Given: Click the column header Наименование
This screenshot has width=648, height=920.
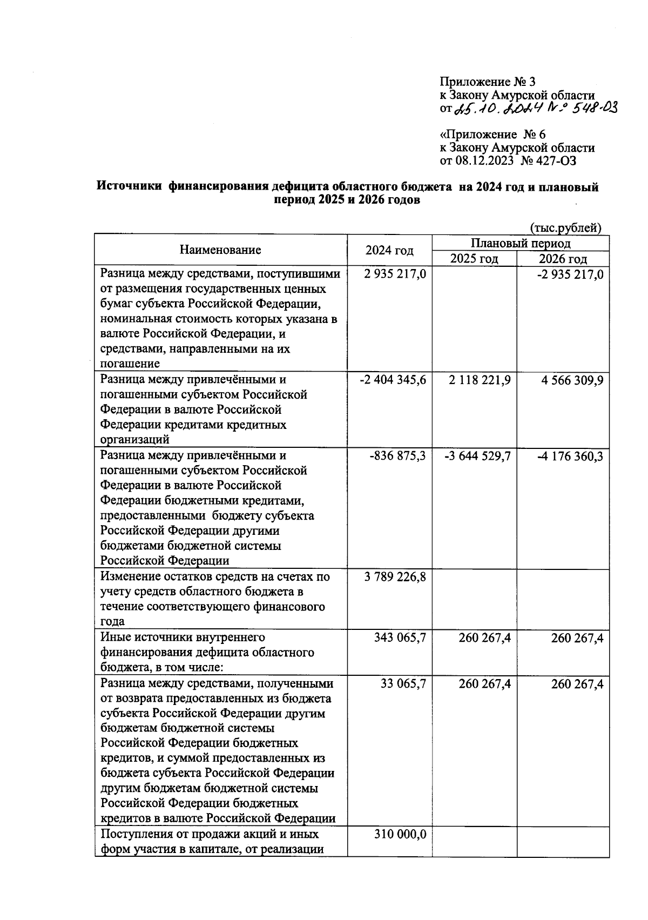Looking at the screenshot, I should point(220,250).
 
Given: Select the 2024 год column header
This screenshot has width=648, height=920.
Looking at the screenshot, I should point(389,250).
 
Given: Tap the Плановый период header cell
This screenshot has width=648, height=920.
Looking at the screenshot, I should point(521,243).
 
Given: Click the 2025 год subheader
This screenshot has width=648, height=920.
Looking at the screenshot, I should point(474,259).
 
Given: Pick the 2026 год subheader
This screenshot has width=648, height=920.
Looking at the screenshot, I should point(563,259).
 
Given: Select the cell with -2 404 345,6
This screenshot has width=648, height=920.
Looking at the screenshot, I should point(393,380).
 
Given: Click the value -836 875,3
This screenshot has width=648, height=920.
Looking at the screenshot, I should point(397,456).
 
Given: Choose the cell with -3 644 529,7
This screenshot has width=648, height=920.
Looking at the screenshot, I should point(477,456).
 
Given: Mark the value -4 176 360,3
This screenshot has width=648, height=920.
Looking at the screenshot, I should point(570,456).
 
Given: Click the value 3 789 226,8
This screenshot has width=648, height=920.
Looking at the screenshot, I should point(395,577).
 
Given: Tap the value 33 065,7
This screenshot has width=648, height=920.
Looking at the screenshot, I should point(403,684).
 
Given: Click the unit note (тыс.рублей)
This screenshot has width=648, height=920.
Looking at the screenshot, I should point(565,228).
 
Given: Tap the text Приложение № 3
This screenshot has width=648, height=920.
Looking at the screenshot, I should point(488,82).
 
